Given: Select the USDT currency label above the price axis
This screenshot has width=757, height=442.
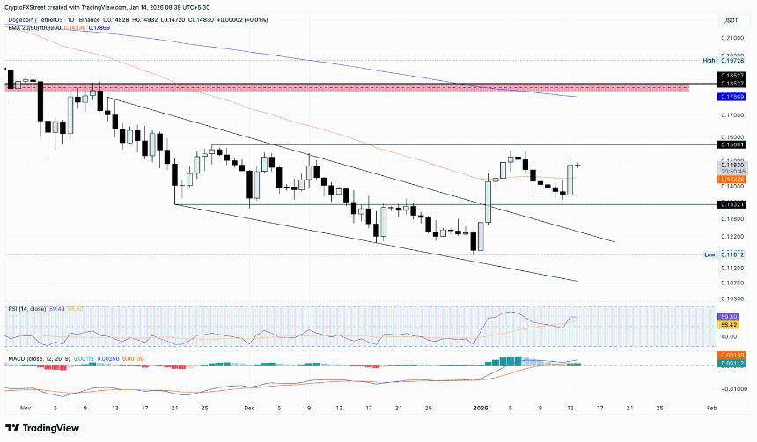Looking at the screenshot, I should click(730, 20).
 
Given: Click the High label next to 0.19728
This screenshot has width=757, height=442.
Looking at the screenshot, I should click(709, 60).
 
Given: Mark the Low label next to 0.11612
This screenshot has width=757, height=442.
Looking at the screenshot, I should click(709, 254).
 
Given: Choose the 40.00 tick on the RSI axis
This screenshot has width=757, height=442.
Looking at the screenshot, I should click(730, 336).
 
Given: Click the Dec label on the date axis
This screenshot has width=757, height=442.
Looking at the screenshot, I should click(249, 409).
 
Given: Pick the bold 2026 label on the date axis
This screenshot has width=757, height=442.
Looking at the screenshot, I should click(480, 409).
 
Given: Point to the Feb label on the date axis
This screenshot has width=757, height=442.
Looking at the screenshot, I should click(711, 409).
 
